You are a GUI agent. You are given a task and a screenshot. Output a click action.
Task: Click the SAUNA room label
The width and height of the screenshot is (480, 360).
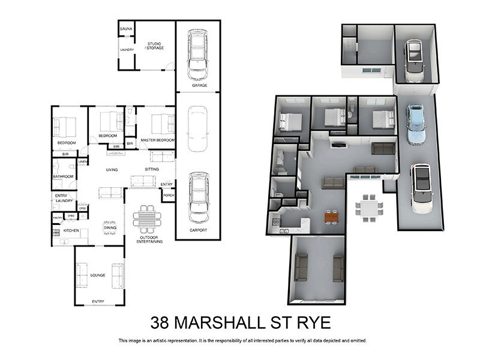coord(126,29)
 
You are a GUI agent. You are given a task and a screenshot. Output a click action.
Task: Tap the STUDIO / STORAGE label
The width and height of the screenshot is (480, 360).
coord(155,46)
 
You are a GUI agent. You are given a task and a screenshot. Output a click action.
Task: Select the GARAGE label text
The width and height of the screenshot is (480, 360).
coord(200,86)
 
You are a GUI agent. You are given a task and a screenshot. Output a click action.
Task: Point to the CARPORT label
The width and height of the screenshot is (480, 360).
coord(198,230)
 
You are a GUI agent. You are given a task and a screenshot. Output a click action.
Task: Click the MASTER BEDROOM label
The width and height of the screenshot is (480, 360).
coord(158,140)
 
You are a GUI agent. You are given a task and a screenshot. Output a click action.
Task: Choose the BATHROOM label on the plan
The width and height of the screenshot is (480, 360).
coord(62,176)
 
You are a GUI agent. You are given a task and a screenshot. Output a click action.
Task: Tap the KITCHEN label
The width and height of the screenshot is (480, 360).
coord(71,230)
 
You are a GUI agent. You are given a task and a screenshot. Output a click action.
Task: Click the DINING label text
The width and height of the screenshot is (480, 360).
coord(110,228)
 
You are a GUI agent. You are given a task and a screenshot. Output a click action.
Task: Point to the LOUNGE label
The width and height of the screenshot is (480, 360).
coord(98,275)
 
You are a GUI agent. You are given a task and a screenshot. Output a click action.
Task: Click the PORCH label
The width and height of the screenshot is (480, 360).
coord(168,195)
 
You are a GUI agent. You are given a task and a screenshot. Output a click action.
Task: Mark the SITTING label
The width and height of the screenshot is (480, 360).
coord(152,169)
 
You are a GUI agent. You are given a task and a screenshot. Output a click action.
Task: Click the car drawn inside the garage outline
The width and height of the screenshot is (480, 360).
coord(197,54)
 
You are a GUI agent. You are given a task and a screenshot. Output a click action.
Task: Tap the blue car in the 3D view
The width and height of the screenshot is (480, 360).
coord(415,124)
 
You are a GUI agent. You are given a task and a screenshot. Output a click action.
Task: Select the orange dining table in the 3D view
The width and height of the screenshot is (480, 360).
coord(331,217)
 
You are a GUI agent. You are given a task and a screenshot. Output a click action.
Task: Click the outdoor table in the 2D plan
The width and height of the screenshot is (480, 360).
coord(147,218)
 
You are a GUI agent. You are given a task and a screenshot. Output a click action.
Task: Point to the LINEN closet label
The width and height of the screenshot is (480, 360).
coord(83,162)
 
